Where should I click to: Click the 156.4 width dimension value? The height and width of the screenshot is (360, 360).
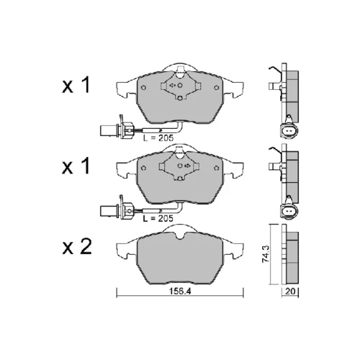pos(180,291)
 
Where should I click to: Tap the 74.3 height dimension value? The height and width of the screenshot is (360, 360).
pos(266,253)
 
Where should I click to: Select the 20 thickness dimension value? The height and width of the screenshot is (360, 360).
pos(290,291)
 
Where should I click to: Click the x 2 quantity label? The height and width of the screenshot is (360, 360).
pos(77,247)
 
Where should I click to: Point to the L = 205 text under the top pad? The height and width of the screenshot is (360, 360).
pos(158,138)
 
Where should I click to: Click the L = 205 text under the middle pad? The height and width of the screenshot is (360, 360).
pos(158,219)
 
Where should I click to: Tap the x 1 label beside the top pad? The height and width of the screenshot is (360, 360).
pos(76,85)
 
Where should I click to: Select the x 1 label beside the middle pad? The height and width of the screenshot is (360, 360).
pos(76,166)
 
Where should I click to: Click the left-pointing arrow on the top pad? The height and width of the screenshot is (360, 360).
pos(172,85)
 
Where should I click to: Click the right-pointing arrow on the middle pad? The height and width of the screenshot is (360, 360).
pos(187,166)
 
